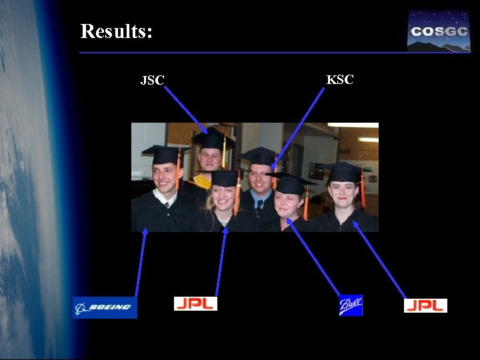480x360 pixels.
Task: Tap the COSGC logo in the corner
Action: pyautogui.click(x=439, y=31)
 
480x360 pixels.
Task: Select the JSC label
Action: pyautogui.click(x=152, y=81)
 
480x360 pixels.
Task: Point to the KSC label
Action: pyautogui.click(x=340, y=80)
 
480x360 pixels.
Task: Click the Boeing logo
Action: pyautogui.click(x=105, y=307)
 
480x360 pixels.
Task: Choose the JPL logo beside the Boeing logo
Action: pyautogui.click(x=195, y=303)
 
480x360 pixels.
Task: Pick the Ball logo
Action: pyautogui.click(x=350, y=305)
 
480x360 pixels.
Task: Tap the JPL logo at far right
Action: pyautogui.click(x=425, y=305)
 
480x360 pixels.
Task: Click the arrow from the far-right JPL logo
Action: pyautogui.click(x=380, y=260)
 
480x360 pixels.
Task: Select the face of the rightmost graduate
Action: pyautogui.click(x=343, y=193)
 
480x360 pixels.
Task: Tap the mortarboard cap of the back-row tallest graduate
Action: pyautogui.click(x=213, y=140)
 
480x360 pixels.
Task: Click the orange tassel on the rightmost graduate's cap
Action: pyautogui.click(x=362, y=190)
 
